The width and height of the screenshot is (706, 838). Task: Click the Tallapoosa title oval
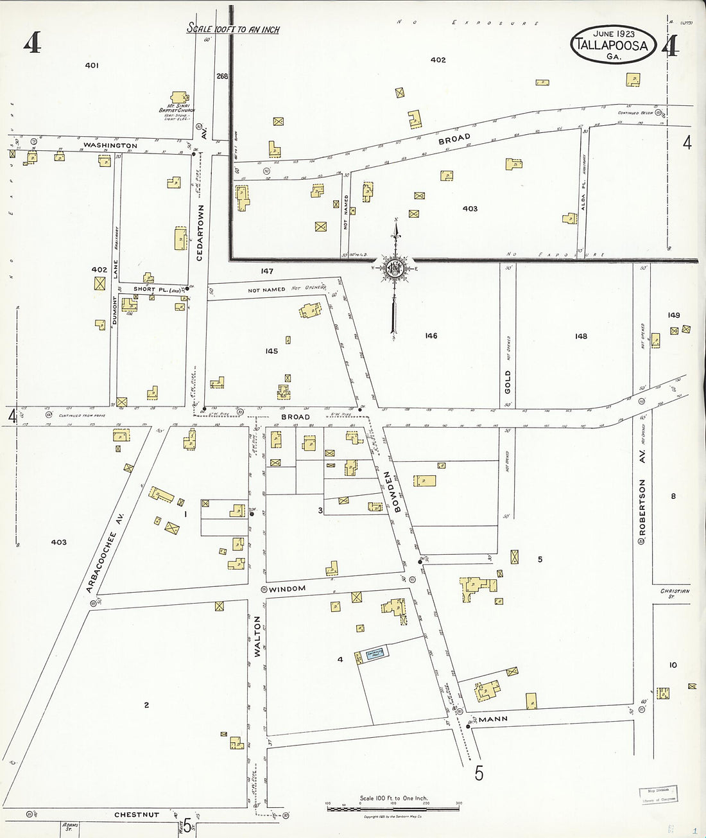point(614,44)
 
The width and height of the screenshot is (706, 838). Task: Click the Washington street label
point(110,146)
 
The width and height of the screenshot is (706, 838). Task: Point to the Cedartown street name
point(200,232)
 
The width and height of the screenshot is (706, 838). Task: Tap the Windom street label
point(287,589)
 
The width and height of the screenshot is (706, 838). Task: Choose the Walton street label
point(257,637)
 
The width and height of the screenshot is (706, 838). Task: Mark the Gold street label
point(508,381)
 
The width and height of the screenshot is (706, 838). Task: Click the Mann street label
point(493,719)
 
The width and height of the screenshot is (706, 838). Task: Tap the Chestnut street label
point(136,815)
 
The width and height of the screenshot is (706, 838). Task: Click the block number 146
point(431,336)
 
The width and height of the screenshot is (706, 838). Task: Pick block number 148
point(581,336)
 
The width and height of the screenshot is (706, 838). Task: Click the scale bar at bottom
point(393,808)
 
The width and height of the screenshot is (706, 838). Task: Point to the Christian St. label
point(675,593)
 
